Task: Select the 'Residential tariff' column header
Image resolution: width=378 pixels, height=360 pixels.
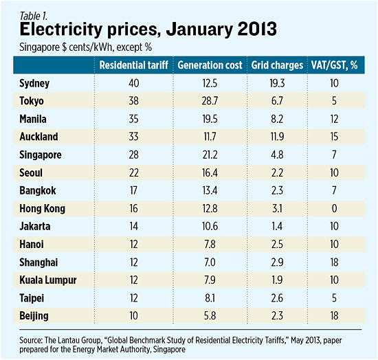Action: (131, 65)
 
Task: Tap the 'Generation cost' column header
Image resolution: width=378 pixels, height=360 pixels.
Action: (210, 65)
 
